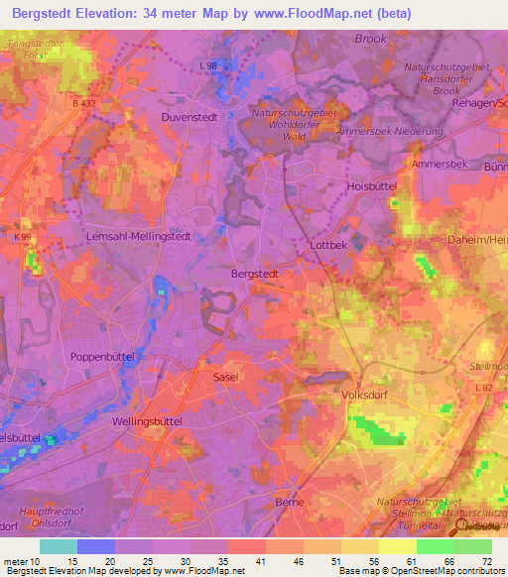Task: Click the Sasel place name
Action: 226,378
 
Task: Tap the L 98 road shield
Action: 207,65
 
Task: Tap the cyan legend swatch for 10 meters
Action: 59,546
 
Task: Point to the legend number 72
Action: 485,561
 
